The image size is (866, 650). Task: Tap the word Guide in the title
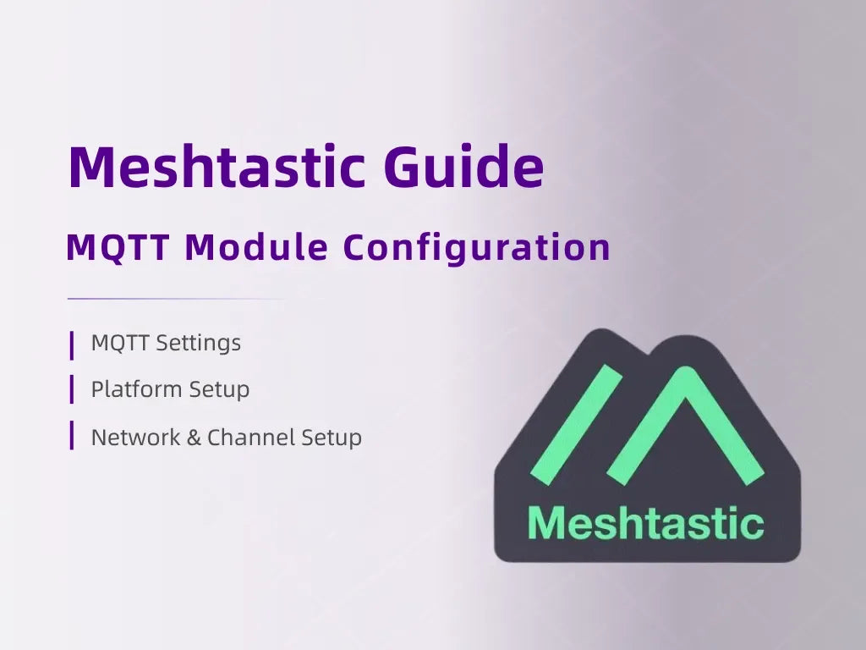[463, 167]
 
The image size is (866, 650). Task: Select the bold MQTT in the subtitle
[117, 248]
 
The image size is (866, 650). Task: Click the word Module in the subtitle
[256, 248]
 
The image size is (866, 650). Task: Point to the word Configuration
[477, 248]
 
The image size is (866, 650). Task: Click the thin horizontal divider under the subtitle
[176, 299]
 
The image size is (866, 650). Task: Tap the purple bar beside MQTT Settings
[72, 344]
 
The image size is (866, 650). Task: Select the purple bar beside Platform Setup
[72, 390]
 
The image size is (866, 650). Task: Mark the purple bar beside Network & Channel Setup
[72, 437]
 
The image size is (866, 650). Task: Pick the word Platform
[136, 390]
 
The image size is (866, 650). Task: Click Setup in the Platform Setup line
[219, 390]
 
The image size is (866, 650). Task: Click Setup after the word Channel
[332, 438]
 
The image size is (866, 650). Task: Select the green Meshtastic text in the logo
[645, 523]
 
